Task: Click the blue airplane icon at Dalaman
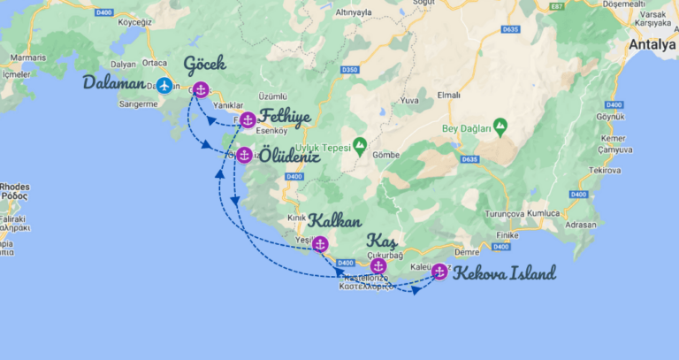coord(164,86)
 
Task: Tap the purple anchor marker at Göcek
coord(201,89)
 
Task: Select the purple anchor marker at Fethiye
coord(248,119)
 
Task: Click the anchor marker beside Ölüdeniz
coord(244,155)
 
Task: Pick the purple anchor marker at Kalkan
coord(320,244)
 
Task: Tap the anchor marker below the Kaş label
coord(378,265)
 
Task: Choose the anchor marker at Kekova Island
coord(439,272)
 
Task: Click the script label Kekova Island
coord(504,273)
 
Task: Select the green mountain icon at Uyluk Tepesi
coord(360,144)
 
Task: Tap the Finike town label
coord(507,234)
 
